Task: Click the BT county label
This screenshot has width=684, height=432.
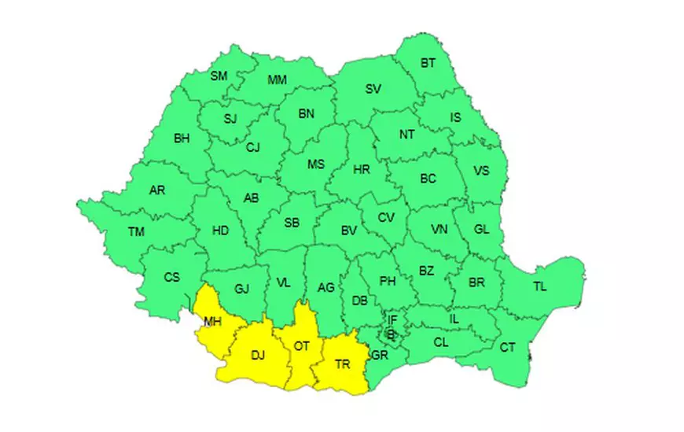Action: click(x=428, y=62)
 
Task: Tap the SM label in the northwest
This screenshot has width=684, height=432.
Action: click(x=219, y=76)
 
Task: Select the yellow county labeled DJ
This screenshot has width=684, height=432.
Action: click(x=258, y=355)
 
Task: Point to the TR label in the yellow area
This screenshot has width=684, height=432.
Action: click(x=343, y=364)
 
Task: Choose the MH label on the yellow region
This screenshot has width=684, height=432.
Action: click(x=212, y=321)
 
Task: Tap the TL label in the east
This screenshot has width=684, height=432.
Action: click(x=539, y=286)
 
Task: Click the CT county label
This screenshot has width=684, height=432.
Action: click(x=508, y=347)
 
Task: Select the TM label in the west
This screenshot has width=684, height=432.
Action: click(x=137, y=231)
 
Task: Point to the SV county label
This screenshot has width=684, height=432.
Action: click(x=373, y=89)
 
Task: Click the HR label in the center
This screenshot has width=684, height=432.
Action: click(x=362, y=169)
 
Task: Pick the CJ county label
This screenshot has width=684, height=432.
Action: click(x=252, y=147)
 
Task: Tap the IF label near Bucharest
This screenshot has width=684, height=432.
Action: click(x=392, y=319)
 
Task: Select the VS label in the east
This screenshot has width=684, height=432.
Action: click(x=481, y=171)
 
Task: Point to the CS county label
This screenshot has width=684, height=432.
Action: click(x=171, y=277)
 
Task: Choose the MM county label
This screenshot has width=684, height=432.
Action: click(x=277, y=80)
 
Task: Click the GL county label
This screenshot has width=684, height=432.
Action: click(x=481, y=230)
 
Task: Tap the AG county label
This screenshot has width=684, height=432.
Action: click(x=326, y=288)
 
